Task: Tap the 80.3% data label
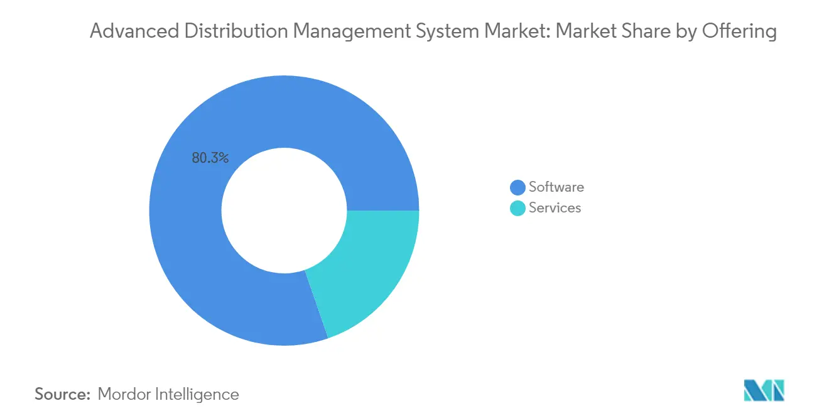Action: tap(210, 158)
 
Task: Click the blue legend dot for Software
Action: tap(517, 187)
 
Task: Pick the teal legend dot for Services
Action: tap(517, 208)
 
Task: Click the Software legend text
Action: tap(556, 187)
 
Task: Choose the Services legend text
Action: tap(555, 207)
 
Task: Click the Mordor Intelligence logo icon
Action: tap(764, 390)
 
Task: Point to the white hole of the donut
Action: tap(284, 210)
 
